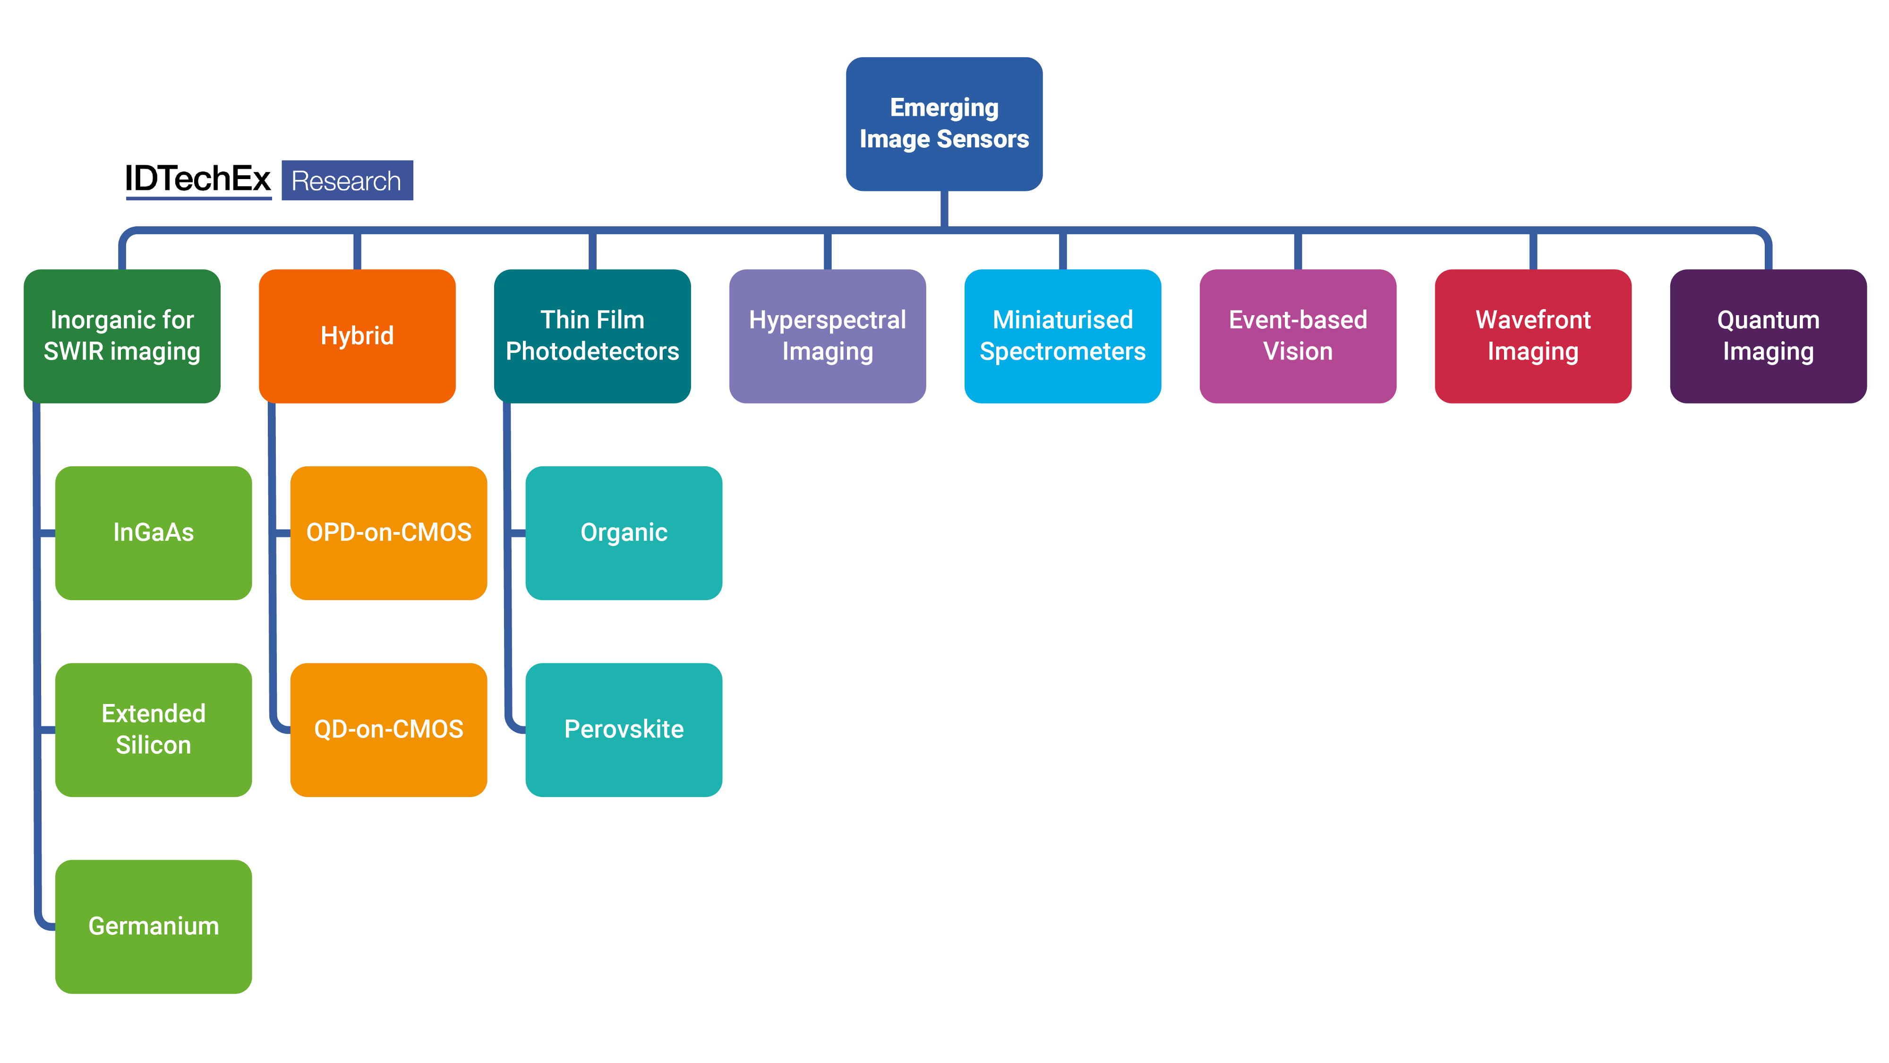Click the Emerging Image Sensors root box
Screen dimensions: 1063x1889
(944, 123)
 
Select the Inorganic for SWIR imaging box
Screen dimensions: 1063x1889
(122, 336)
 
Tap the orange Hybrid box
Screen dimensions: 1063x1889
(357, 336)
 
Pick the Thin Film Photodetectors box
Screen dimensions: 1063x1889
(592, 336)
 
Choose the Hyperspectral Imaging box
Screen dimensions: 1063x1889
(827, 336)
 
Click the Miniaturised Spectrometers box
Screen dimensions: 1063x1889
(1062, 336)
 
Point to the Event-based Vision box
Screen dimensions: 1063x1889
(1297, 336)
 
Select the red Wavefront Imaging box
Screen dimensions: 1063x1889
(1533, 336)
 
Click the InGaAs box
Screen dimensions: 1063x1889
(153, 532)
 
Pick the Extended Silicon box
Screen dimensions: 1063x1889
(153, 729)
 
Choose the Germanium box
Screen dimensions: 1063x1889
(153, 926)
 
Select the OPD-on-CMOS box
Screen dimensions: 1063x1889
(389, 532)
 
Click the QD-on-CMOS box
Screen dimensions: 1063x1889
(389, 729)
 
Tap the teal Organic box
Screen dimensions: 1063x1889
(624, 532)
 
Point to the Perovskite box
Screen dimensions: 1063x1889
(624, 729)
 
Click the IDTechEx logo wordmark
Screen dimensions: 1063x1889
(198, 179)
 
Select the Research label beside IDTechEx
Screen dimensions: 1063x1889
(347, 180)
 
